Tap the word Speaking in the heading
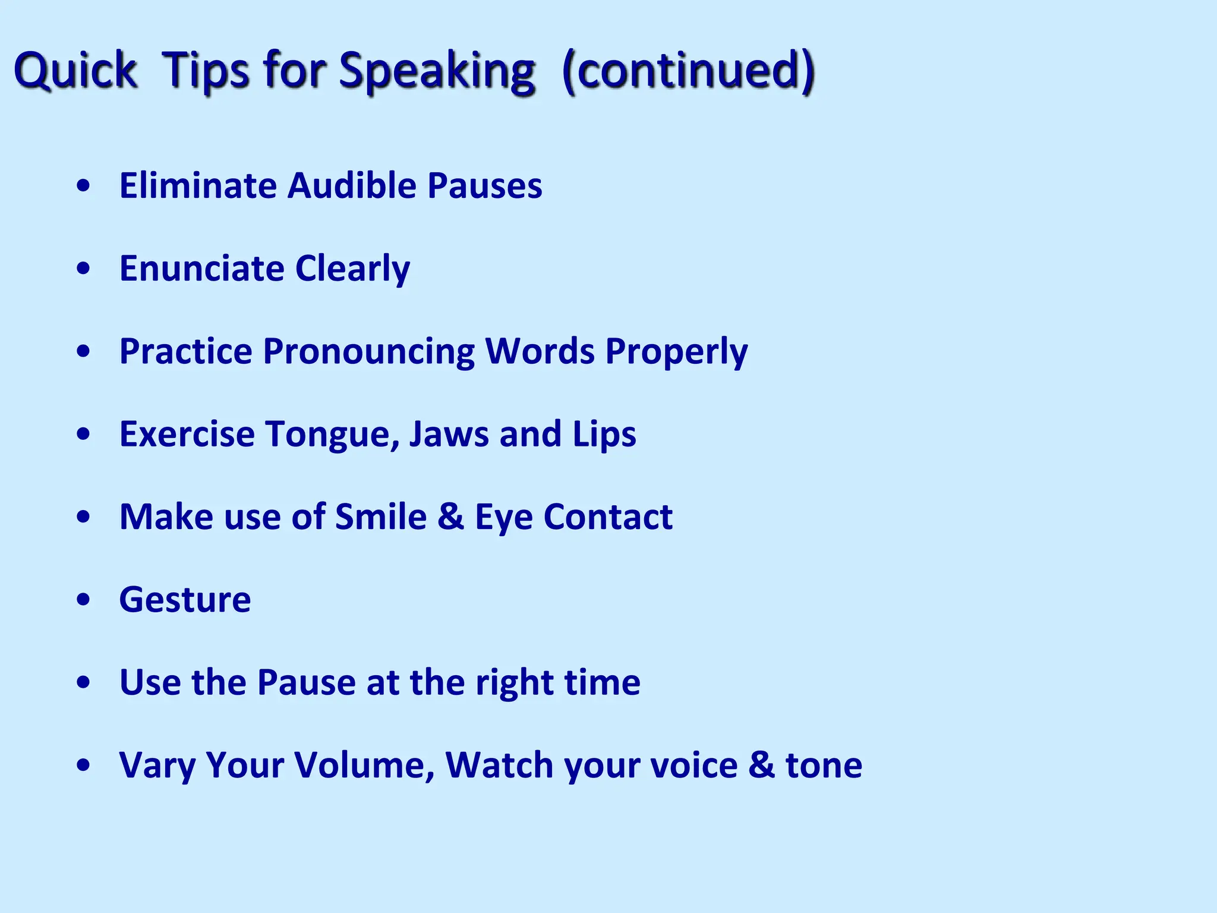click(437, 71)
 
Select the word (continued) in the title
click(688, 71)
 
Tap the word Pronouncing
click(368, 352)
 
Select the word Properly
click(676, 352)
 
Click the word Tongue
click(333, 435)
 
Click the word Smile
click(381, 517)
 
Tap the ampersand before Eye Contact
click(450, 517)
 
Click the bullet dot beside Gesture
click(84, 600)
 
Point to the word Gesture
click(185, 600)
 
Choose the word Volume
click(364, 765)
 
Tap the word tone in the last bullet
click(824, 766)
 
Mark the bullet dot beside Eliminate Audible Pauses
click(84, 186)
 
